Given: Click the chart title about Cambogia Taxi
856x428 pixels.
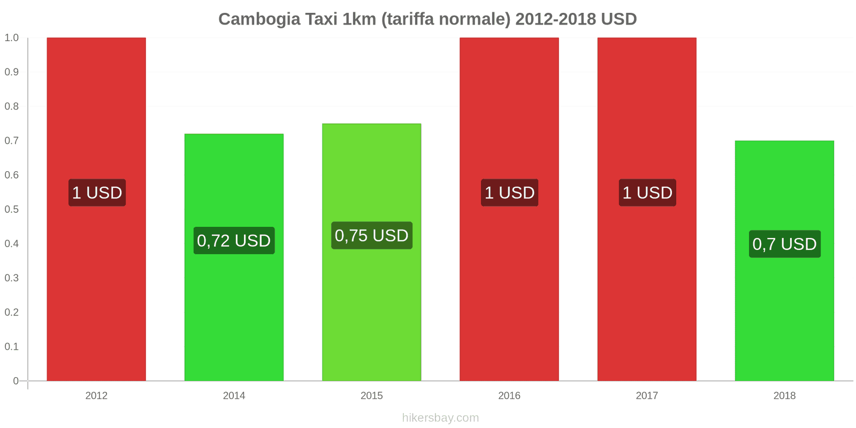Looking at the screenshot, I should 427,19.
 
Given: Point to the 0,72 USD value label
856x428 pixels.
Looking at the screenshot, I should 234,241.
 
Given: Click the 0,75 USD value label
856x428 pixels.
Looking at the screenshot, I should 371,235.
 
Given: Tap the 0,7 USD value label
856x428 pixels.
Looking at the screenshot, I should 784,244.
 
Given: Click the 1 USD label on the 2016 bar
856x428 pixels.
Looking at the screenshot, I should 509,193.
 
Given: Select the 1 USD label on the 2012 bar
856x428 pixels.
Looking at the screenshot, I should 97,193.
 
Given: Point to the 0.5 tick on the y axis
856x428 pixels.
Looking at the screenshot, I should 11,209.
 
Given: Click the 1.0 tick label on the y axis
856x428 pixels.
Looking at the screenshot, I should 11,37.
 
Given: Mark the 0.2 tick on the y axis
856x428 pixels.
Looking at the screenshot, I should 11,312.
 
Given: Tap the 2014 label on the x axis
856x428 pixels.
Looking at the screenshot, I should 234,396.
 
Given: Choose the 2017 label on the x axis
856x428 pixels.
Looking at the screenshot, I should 647,396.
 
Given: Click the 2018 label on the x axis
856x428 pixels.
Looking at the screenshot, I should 784,396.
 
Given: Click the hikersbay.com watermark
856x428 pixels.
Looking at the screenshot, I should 440,418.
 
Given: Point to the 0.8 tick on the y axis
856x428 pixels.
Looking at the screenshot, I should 11,106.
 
